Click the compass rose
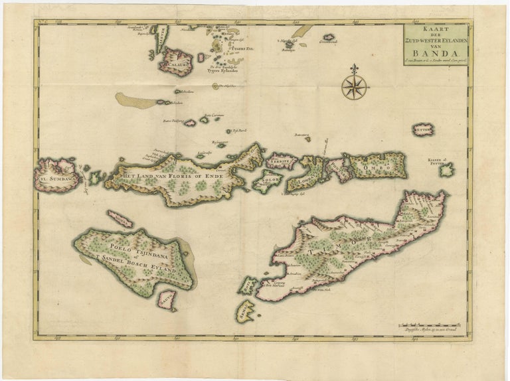coord(355,87)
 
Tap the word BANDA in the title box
coord(434,54)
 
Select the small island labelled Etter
coord(422,129)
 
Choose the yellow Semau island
coord(245,310)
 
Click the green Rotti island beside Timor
coord(248,285)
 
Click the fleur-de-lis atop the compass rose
coord(355,69)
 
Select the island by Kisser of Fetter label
coord(447,171)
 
